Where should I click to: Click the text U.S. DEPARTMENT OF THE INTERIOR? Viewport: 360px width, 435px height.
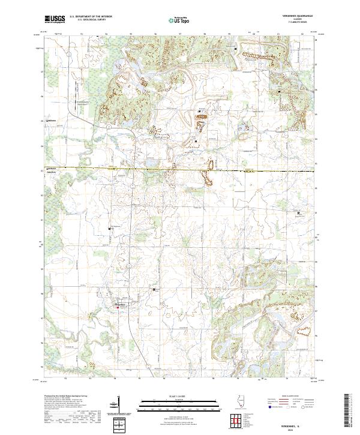[89, 17]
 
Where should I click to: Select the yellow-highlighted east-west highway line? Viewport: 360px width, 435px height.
[180, 170]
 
